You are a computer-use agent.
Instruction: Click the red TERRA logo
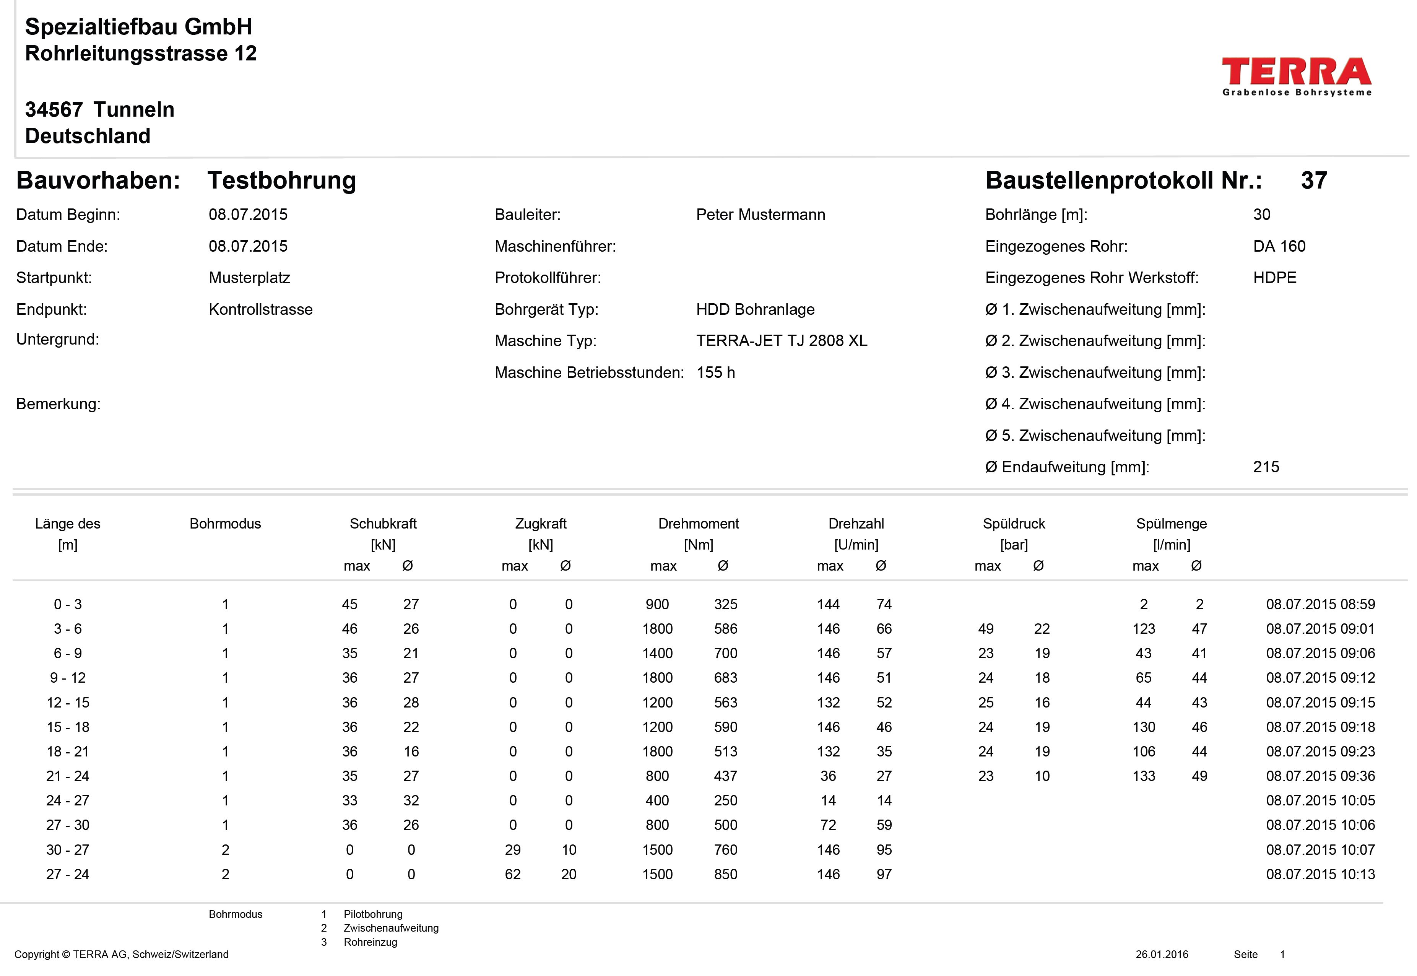coord(1296,72)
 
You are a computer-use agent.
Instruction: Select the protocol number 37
coord(1314,181)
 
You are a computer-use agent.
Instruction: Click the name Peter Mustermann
coord(760,215)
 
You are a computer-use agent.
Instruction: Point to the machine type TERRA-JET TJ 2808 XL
coord(781,341)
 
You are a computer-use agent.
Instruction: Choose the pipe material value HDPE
coord(1274,278)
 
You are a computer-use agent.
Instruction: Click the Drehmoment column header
coord(698,524)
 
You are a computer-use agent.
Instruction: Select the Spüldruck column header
coord(1014,524)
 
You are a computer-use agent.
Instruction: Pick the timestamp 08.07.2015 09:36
coord(1320,776)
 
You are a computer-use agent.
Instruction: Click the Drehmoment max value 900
coord(657,604)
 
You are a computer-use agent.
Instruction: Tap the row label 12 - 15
coord(68,703)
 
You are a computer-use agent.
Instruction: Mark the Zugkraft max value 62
coord(512,875)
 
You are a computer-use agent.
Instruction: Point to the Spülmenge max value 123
coord(1143,629)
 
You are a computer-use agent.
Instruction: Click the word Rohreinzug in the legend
coord(370,942)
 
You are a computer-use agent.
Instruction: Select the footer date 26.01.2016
coord(1162,955)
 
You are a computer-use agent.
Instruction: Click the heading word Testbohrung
coord(282,181)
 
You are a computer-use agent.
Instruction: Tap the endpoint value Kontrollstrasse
coord(260,309)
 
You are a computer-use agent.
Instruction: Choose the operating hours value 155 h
coord(715,373)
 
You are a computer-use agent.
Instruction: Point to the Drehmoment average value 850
coord(726,875)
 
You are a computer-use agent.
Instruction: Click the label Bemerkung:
coord(58,404)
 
